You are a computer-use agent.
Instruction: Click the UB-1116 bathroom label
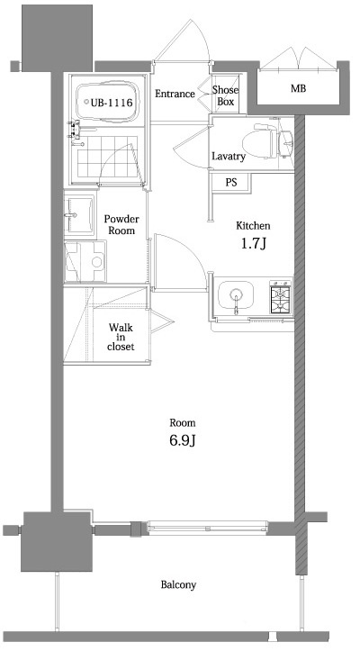click(x=112, y=103)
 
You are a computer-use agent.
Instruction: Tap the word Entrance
click(x=175, y=94)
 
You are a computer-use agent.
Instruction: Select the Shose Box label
click(x=225, y=96)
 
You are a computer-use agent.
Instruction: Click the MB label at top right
click(x=297, y=88)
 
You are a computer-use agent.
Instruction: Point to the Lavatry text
click(x=228, y=157)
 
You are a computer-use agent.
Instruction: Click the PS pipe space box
click(x=230, y=182)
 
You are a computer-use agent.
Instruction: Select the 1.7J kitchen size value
click(x=253, y=244)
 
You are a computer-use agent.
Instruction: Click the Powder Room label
click(x=120, y=224)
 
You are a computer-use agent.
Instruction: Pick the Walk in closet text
click(x=121, y=337)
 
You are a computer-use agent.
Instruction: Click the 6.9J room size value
click(x=183, y=441)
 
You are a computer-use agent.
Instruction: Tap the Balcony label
click(x=178, y=585)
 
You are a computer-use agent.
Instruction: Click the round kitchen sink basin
click(x=238, y=295)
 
